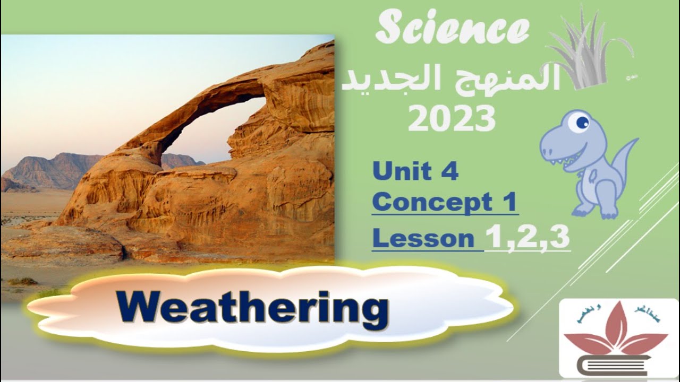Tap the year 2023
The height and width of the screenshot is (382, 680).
(x=452, y=119)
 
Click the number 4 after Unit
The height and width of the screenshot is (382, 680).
(x=449, y=172)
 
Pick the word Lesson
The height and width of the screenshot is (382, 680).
(x=423, y=238)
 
